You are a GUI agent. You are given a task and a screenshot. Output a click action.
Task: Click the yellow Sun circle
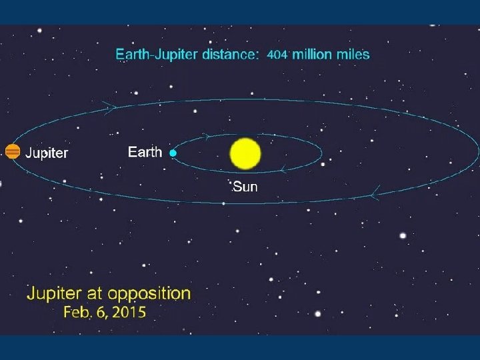pos(245,153)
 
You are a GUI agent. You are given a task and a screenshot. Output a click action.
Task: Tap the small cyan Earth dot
pos(173,153)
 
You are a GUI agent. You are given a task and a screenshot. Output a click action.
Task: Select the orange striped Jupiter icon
pos(12,151)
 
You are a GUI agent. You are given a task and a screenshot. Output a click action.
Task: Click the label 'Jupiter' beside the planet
pos(47,153)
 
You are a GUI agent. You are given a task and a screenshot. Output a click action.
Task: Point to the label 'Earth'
pos(145,152)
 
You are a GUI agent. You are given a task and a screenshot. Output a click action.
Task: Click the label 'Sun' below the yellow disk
pos(245,187)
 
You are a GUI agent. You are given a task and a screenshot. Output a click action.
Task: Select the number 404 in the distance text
pos(277,55)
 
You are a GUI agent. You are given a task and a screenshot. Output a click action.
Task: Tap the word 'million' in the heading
pos(310,55)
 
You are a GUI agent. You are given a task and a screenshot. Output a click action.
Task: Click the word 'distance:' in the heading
pos(227,55)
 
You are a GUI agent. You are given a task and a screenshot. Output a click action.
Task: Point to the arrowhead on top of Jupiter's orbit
pos(109,105)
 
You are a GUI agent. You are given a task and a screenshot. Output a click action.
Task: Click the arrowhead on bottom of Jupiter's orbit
pos(375,195)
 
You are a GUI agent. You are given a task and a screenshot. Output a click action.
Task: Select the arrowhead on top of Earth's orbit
pos(207,136)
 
